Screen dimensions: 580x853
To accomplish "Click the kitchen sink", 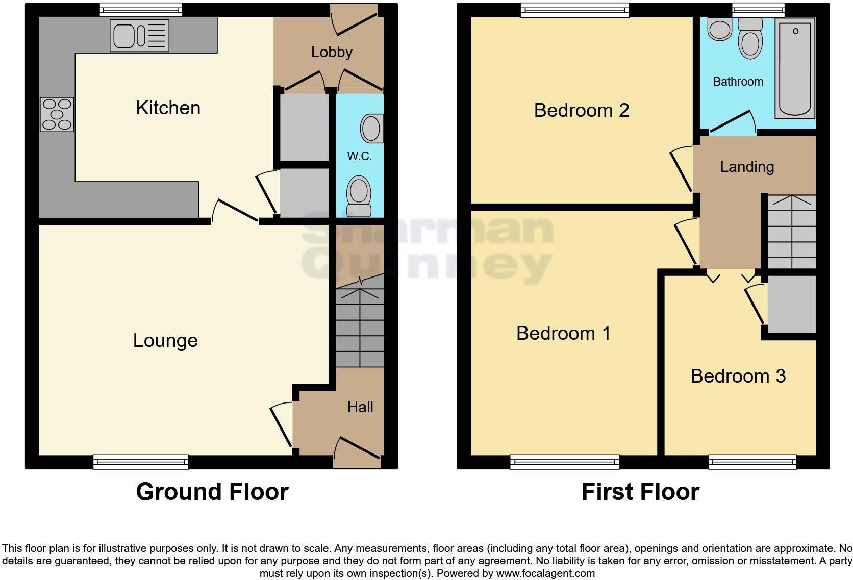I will (x=139, y=36).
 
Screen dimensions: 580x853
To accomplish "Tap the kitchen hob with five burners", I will (x=57, y=114).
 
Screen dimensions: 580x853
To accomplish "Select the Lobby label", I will (x=332, y=52).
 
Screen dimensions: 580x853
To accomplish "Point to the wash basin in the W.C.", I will (x=372, y=128).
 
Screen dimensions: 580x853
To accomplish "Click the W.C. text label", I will (x=359, y=157).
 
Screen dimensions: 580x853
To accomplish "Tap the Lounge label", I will (x=165, y=340).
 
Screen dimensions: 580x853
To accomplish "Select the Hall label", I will (x=360, y=407).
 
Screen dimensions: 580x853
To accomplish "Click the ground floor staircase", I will (x=360, y=326).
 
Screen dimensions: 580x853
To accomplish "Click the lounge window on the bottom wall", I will (x=141, y=462).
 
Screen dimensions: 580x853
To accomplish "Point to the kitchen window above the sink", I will (x=140, y=9).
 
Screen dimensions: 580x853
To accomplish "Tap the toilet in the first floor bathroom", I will (x=750, y=38).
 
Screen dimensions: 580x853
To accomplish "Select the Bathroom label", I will (x=738, y=82).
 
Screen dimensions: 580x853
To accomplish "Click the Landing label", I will (x=747, y=167).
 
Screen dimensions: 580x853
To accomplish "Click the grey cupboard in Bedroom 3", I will (x=791, y=305).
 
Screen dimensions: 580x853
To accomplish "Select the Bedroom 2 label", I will (x=581, y=110).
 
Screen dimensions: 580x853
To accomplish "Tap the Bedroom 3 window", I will (x=752, y=462).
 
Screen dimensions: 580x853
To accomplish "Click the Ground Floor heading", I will (x=212, y=492).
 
